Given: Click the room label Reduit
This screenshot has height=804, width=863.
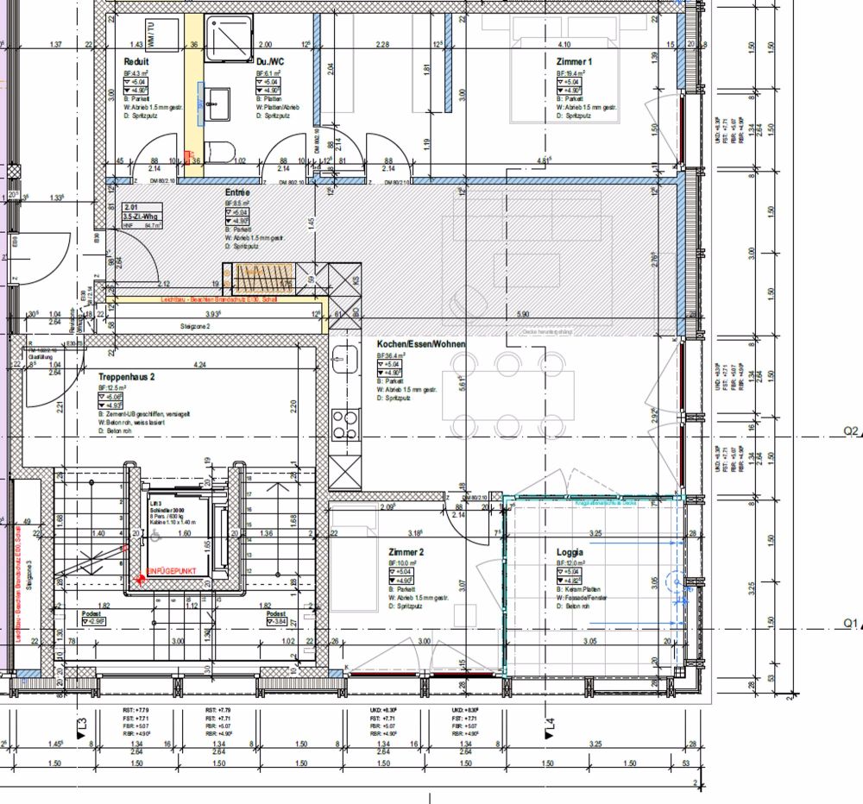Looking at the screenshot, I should (136, 62).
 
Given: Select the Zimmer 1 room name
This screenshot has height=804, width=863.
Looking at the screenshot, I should (575, 62).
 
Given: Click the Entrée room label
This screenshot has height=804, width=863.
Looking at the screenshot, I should (237, 193).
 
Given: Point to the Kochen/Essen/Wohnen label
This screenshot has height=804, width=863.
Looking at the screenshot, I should (421, 344).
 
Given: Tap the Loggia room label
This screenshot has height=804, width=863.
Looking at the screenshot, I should (570, 550).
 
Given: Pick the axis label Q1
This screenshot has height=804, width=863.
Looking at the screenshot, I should (853, 622).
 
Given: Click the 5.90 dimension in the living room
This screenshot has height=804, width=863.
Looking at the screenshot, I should (521, 314).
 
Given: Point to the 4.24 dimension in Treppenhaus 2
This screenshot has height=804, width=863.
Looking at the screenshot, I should (199, 364).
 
